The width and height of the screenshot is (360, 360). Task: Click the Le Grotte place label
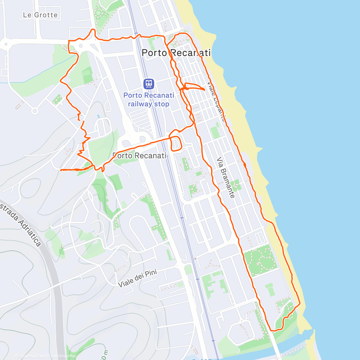[40, 15]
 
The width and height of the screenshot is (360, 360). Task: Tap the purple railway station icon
[148, 84]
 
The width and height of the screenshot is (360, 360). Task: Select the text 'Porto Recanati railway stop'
[148, 100]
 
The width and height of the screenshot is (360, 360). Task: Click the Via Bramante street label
[226, 177]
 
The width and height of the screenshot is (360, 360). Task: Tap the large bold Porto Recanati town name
[176, 53]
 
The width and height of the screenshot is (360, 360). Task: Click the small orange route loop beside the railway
[176, 143]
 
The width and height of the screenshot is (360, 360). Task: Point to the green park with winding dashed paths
[259, 259]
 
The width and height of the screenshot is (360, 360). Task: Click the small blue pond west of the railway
[98, 116]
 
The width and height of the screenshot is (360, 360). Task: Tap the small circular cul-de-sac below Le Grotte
[35, 111]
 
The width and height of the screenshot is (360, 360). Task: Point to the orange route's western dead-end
[61, 170]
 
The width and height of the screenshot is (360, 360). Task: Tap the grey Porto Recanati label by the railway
[139, 155]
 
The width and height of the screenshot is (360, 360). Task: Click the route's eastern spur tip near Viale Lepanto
[204, 89]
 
